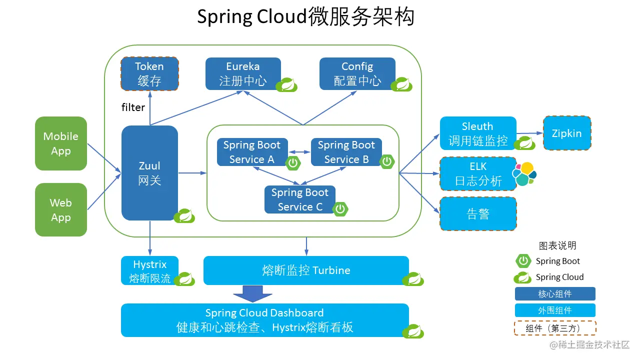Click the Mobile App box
coord(61,143)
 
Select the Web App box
coord(61,210)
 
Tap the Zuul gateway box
coord(149,173)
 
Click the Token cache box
coord(149,73)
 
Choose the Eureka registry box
coord(243,73)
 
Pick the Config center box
coord(357,73)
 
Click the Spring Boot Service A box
coord(252,152)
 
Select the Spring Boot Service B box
coord(346,152)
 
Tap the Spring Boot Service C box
coord(300,199)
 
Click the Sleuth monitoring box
coord(478,133)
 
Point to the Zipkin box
coord(567,133)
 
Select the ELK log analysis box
coord(478,173)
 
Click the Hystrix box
coord(149,271)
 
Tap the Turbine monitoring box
coord(306,270)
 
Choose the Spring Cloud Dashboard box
coord(264,320)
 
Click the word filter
coord(133,107)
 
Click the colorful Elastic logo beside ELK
coord(524,174)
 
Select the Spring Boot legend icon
coord(523,261)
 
